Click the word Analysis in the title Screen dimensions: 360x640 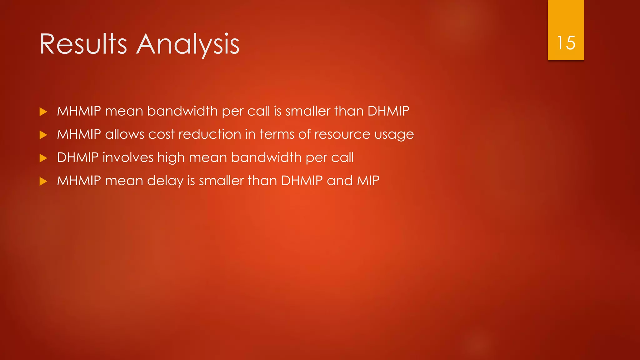click(188, 44)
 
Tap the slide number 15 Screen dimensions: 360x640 click(566, 43)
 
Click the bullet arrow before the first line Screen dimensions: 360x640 click(43, 112)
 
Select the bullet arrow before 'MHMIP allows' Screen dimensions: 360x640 click(43, 135)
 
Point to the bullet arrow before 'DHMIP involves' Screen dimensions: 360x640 click(43, 158)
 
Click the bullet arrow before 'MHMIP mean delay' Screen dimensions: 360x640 click(43, 181)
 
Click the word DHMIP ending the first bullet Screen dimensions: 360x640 click(388, 111)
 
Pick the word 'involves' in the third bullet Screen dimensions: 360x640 click(128, 157)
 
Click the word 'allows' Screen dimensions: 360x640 click(125, 134)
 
